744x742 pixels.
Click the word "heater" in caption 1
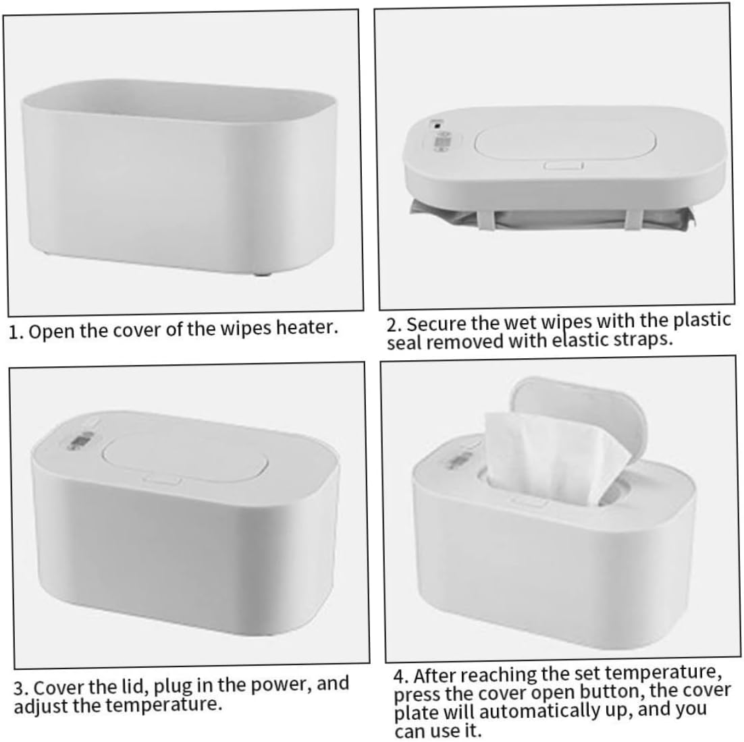click(304, 329)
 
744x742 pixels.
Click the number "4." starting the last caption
click(403, 675)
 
